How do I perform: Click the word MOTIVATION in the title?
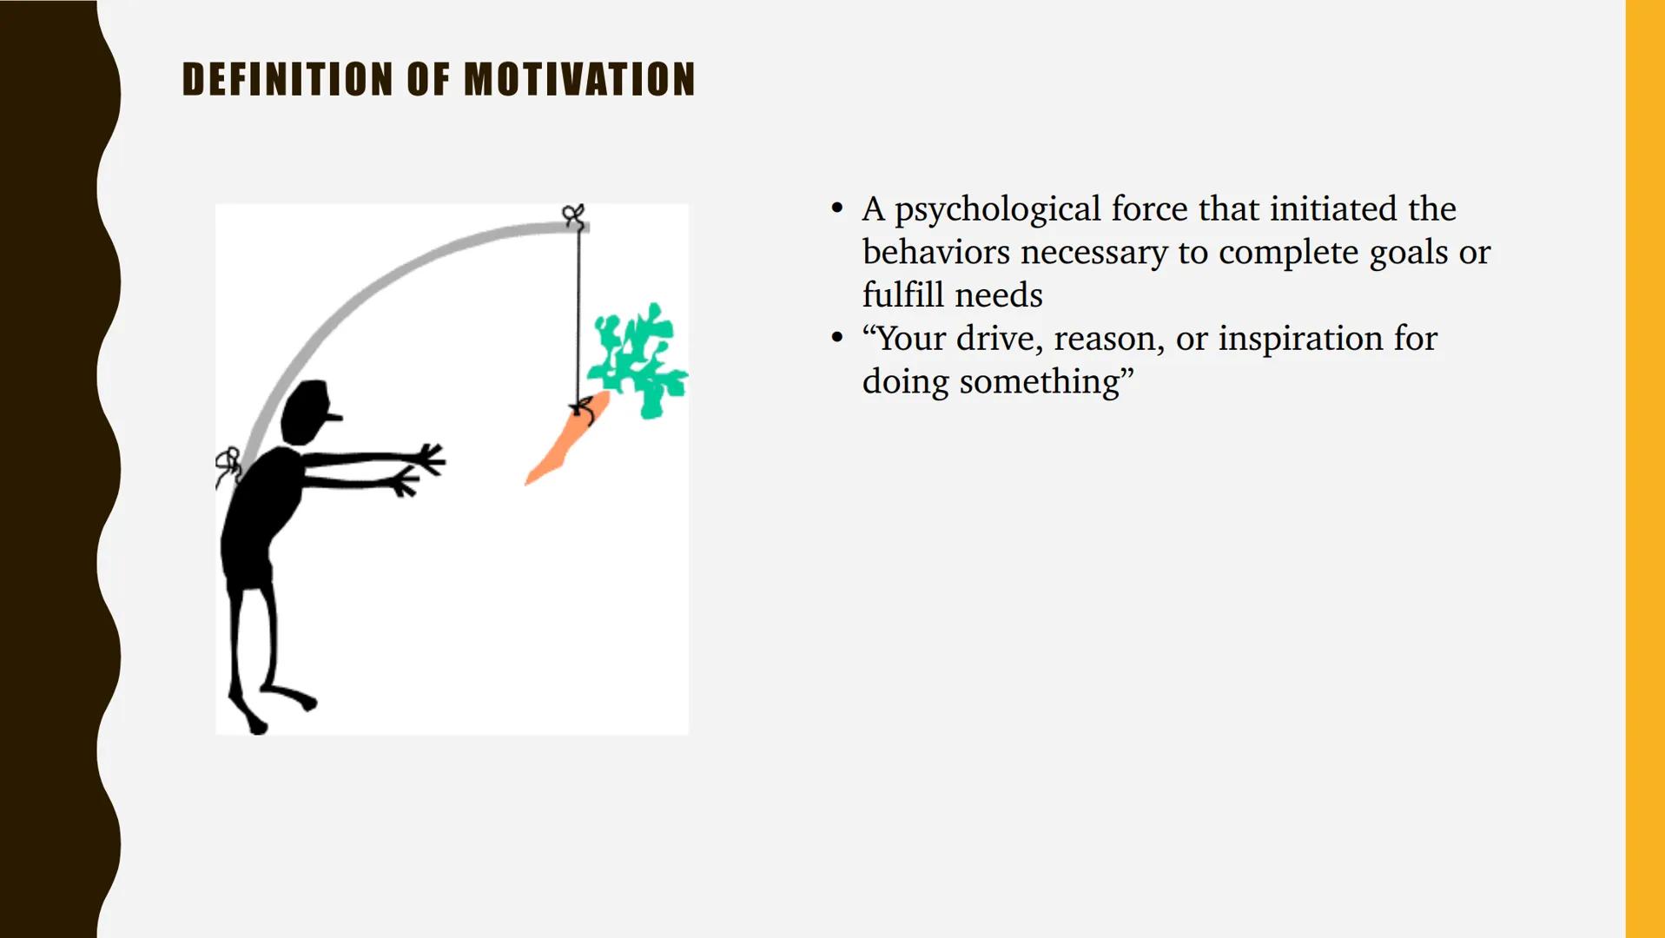579,79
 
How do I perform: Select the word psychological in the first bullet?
997,210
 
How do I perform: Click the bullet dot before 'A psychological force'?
836,208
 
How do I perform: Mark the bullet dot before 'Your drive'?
836,337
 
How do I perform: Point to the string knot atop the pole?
572,215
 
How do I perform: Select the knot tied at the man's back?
229,464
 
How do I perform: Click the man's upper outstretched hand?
430,459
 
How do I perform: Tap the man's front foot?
300,698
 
